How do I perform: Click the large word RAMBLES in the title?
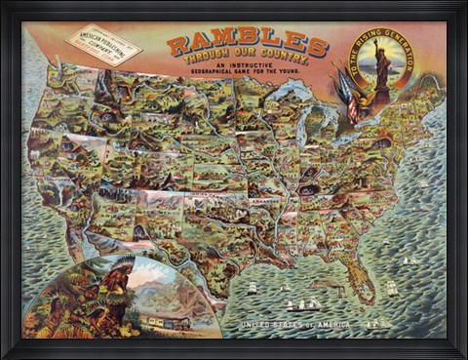click(248, 45)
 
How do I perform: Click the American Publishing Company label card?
click(104, 45)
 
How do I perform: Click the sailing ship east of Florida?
click(393, 288)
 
